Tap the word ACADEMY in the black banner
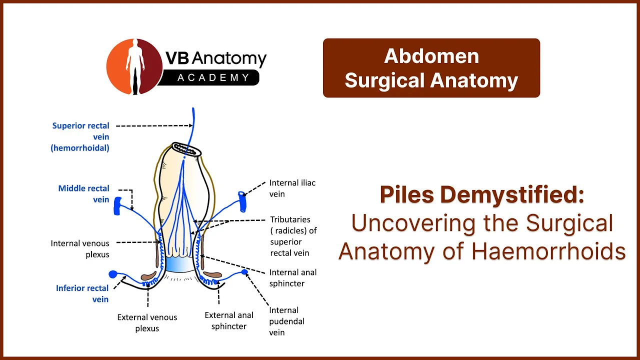point(213,77)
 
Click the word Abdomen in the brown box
point(431,56)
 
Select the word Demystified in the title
point(511,195)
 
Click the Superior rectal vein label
point(80,137)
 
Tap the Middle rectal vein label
point(83,194)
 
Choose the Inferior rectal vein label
point(82,293)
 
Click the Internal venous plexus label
point(80,249)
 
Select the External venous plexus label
point(147,323)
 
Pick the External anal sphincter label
point(229,321)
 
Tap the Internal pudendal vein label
point(286,321)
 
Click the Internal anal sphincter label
point(293,278)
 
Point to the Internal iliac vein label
point(292,188)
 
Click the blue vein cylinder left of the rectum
point(117,205)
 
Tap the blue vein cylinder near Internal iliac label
point(242,201)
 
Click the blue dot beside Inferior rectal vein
point(113,274)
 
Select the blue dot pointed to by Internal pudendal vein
point(244,271)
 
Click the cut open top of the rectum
point(187,149)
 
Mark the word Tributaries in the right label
point(290,219)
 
